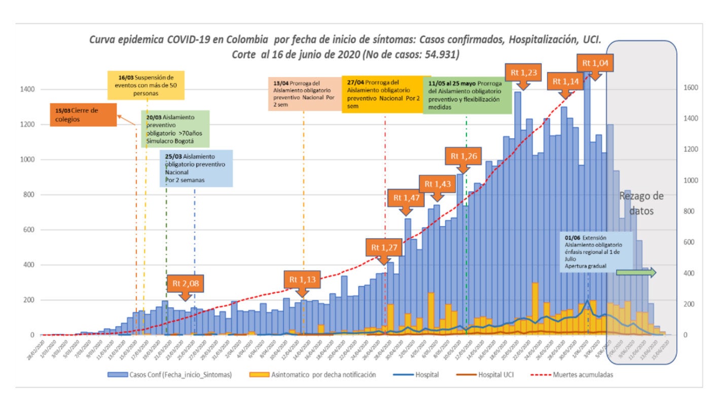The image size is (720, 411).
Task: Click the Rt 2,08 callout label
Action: (186, 284)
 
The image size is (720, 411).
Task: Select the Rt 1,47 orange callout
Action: (406, 198)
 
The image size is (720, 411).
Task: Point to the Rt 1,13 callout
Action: (302, 279)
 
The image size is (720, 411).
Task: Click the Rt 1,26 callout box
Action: (462, 156)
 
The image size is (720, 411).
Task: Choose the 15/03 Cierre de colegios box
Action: (83, 115)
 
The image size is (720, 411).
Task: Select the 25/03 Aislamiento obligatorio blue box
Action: (196, 168)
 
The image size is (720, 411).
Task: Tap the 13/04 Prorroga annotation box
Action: (303, 93)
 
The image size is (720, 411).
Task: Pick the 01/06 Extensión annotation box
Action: (596, 252)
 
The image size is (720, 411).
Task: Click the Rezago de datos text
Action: (641, 203)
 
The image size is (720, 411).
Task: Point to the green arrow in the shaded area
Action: (636, 273)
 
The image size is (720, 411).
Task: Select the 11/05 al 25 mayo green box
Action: (466, 95)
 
